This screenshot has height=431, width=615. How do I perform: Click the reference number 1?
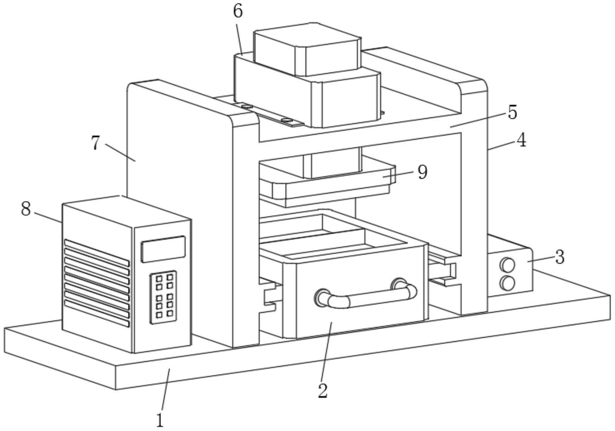click(x=160, y=420)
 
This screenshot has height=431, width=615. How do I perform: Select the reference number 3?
click(x=559, y=257)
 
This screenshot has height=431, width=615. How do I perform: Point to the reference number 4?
click(x=521, y=141)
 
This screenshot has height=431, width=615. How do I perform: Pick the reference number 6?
click(x=238, y=11)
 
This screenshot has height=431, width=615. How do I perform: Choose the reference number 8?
click(x=26, y=208)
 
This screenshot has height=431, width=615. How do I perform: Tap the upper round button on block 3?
click(x=507, y=265)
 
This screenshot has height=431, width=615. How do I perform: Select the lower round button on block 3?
click(x=507, y=283)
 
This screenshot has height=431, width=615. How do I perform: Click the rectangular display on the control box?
click(x=163, y=249)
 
